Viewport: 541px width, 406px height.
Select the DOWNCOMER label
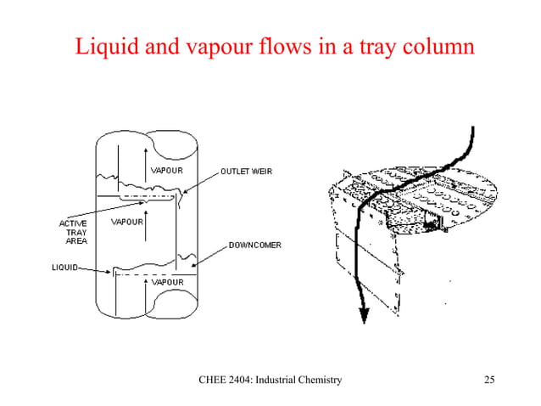[x=254, y=245]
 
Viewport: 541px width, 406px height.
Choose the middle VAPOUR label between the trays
[x=128, y=223]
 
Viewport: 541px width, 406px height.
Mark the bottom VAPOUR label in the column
[x=168, y=281]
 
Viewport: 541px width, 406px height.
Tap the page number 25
[x=487, y=380]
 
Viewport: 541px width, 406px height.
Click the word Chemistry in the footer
[x=316, y=380]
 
